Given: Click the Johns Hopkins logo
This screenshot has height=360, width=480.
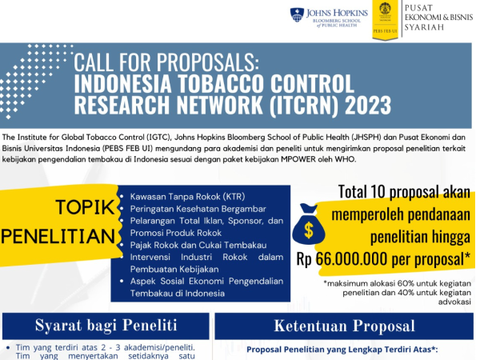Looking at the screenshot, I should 330,18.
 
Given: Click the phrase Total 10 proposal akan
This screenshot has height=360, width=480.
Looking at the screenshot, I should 403,193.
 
